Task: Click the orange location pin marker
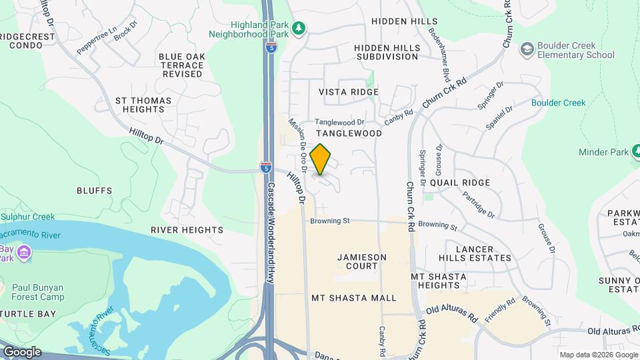(x=321, y=159)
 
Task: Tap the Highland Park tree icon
(x=300, y=27)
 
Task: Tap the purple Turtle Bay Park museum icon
(x=25, y=253)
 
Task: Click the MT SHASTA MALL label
(x=354, y=298)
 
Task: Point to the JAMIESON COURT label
(x=357, y=261)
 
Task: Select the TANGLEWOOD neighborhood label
(x=349, y=133)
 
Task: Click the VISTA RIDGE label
(x=349, y=92)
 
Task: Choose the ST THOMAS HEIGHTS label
(x=143, y=105)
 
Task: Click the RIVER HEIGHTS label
(x=187, y=230)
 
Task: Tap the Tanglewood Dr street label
(x=339, y=122)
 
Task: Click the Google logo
(x=22, y=352)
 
